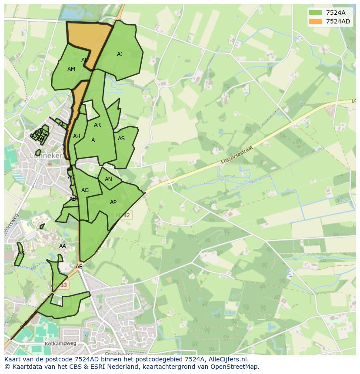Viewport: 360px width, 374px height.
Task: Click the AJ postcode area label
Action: (x=120, y=54)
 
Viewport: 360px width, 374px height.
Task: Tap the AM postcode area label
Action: (x=71, y=69)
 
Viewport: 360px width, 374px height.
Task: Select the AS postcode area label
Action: (x=121, y=139)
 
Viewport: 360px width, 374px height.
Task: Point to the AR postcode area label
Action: (x=97, y=125)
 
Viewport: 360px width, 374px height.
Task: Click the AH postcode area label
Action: (x=77, y=136)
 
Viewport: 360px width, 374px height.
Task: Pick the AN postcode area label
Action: (x=108, y=179)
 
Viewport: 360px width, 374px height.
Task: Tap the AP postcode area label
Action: (x=113, y=202)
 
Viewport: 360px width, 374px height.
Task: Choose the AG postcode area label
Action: (x=85, y=190)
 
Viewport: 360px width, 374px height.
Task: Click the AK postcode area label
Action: (x=21, y=253)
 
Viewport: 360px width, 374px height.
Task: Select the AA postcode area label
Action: (x=63, y=246)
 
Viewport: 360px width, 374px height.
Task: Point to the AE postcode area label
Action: (x=79, y=267)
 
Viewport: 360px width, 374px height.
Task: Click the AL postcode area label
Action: (x=61, y=124)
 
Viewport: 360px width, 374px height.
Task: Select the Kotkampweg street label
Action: (x=60, y=343)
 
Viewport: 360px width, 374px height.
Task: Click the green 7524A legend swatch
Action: (x=316, y=13)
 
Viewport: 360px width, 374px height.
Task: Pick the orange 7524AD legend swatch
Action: (x=316, y=21)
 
